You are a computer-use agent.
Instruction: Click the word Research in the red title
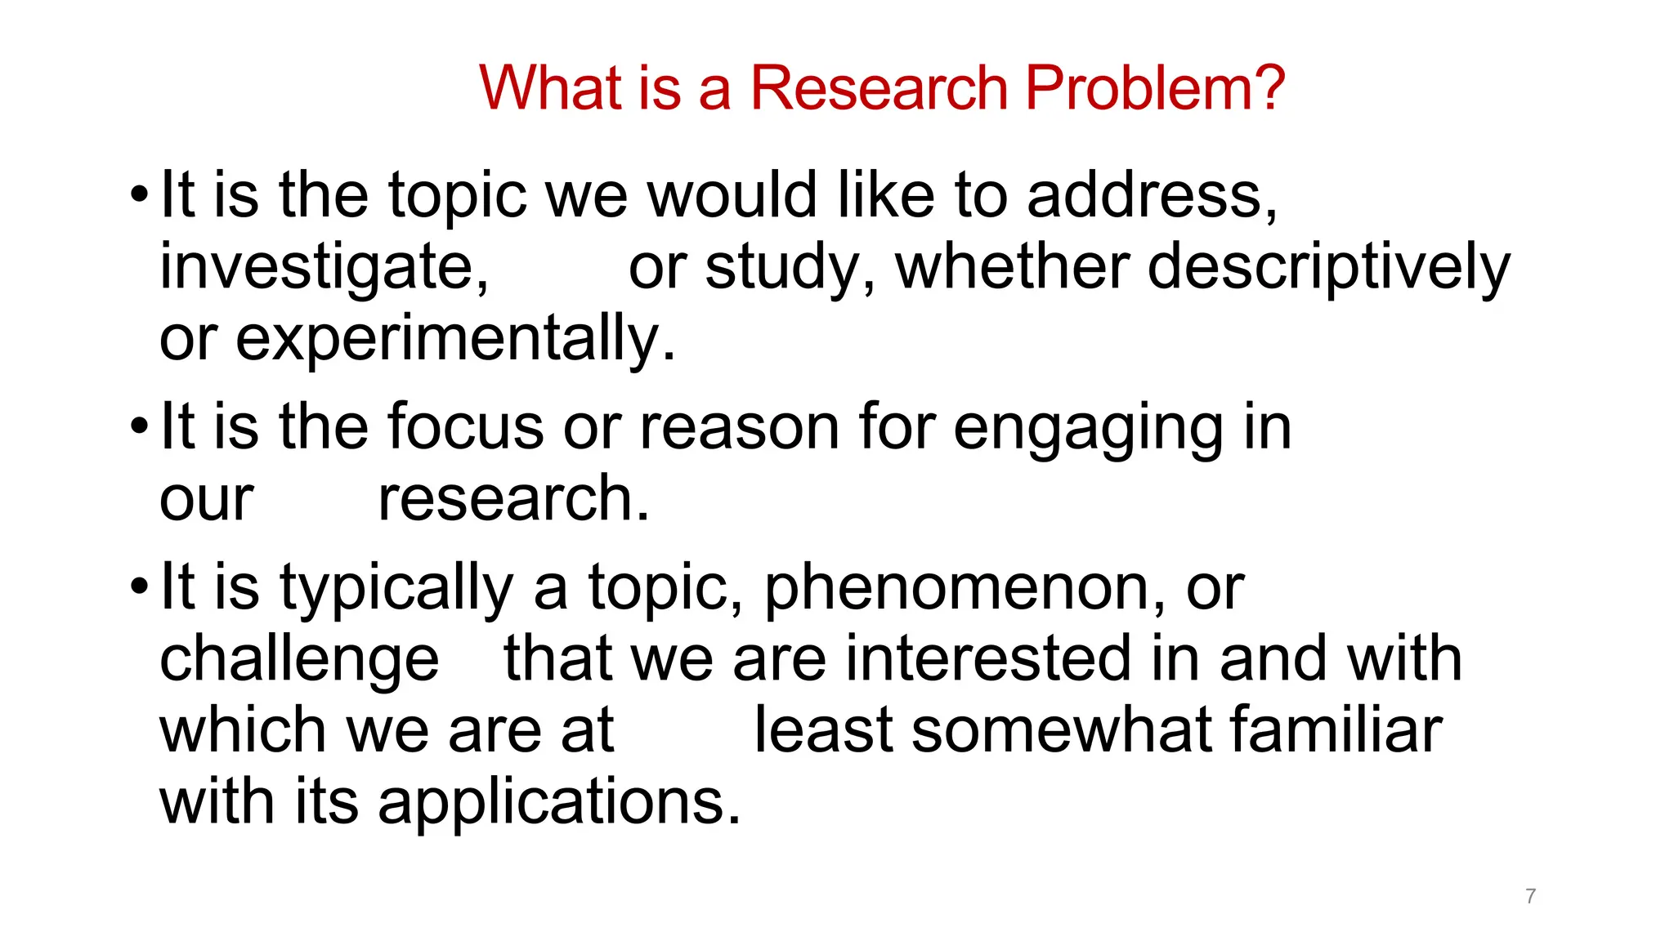[x=879, y=87]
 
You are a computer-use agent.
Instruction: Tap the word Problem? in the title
[x=1155, y=87]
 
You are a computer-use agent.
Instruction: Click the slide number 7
[x=1530, y=896]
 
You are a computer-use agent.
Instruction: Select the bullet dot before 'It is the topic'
[x=140, y=196]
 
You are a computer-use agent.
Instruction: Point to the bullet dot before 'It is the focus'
[x=140, y=427]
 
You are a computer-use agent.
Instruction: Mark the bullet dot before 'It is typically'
[x=140, y=587]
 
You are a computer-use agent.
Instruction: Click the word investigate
[x=324, y=268]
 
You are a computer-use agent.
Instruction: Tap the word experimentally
[x=454, y=339]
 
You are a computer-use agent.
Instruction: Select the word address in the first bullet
[x=1151, y=196]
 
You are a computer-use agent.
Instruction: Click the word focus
[x=465, y=427]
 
